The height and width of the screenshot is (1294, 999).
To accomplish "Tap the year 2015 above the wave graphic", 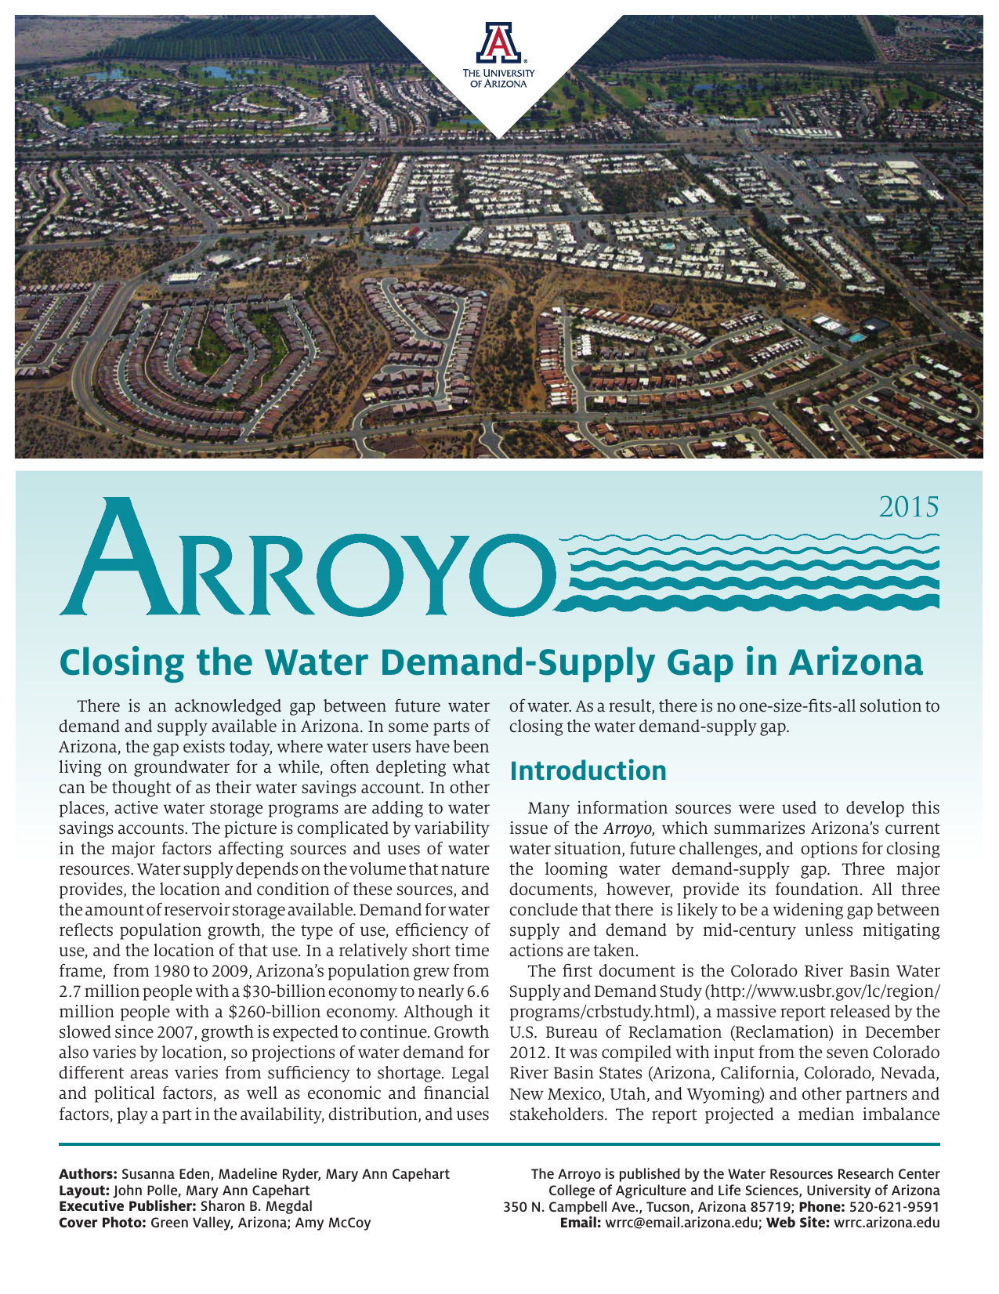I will click(908, 507).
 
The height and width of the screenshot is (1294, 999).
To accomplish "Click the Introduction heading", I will click(588, 770).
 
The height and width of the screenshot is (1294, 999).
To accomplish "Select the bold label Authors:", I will click(88, 1174).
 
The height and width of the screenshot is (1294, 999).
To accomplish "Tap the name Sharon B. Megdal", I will click(256, 1206).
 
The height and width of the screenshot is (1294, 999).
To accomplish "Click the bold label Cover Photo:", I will click(103, 1223).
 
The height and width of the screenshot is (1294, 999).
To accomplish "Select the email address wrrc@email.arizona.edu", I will click(681, 1223).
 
